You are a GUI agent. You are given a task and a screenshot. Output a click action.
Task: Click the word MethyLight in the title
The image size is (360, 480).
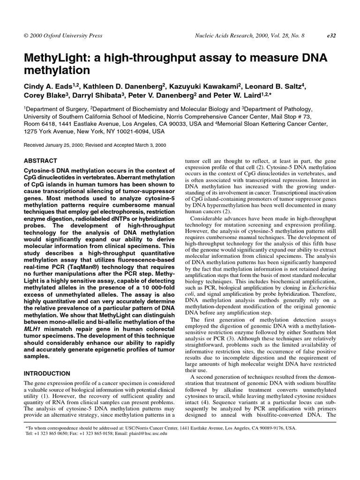point(56,58)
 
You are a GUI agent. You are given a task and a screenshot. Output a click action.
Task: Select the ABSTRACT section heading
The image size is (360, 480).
point(40,160)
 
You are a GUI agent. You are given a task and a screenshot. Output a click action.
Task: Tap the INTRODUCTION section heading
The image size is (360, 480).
point(47,374)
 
